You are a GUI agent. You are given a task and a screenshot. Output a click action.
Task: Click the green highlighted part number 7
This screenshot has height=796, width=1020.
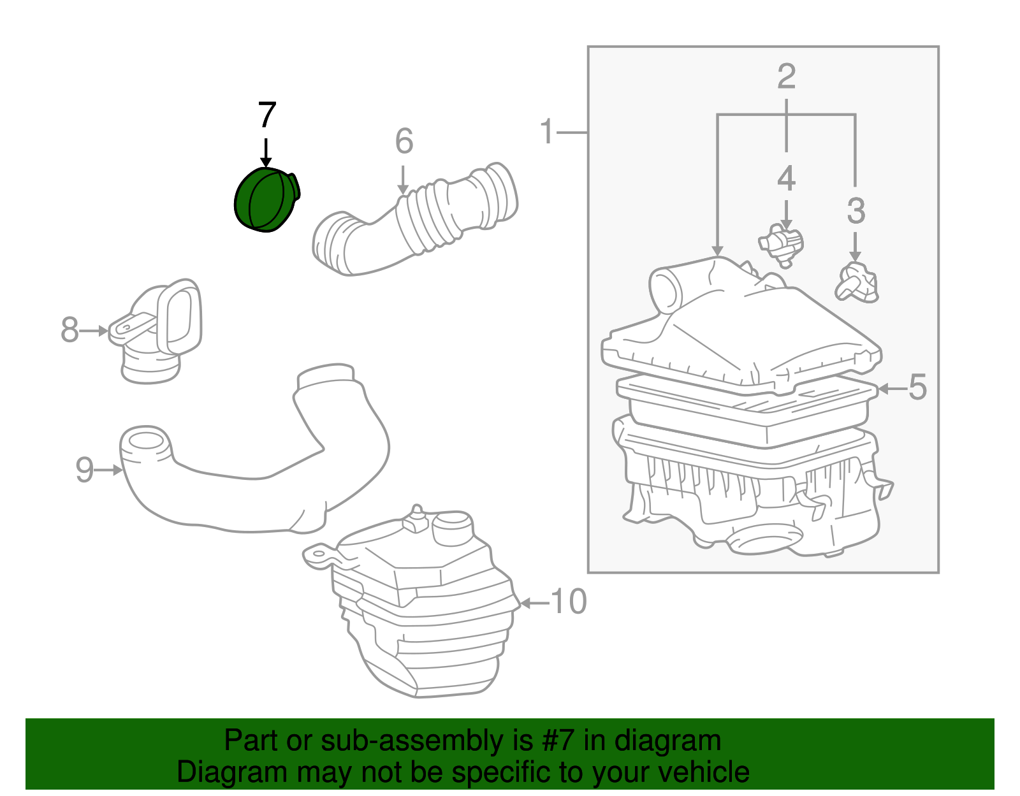click(x=266, y=200)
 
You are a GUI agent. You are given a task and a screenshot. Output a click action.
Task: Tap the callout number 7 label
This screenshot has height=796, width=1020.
click(x=266, y=115)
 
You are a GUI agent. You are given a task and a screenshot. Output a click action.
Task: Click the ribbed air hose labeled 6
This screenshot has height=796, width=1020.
click(x=416, y=219)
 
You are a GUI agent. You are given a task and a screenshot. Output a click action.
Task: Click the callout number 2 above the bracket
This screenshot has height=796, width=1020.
click(x=787, y=76)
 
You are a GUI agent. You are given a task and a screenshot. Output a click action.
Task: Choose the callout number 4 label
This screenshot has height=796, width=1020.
click(x=787, y=178)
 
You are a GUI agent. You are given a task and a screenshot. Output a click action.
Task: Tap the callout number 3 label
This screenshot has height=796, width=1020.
click(x=856, y=210)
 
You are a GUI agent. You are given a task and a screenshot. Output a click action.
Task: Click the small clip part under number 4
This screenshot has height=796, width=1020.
click(x=782, y=245)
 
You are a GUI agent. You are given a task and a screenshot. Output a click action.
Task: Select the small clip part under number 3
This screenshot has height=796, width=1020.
click(x=857, y=283)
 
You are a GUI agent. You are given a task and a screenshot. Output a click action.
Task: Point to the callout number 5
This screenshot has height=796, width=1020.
click(x=917, y=387)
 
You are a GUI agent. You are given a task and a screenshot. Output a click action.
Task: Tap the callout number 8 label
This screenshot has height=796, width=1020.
click(x=69, y=329)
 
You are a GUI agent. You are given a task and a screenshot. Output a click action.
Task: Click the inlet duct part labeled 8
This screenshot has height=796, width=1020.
click(x=156, y=331)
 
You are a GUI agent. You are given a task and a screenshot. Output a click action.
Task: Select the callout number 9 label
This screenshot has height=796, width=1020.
click(x=85, y=470)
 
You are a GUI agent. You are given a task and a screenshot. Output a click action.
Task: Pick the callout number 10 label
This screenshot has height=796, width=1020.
click(x=569, y=602)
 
